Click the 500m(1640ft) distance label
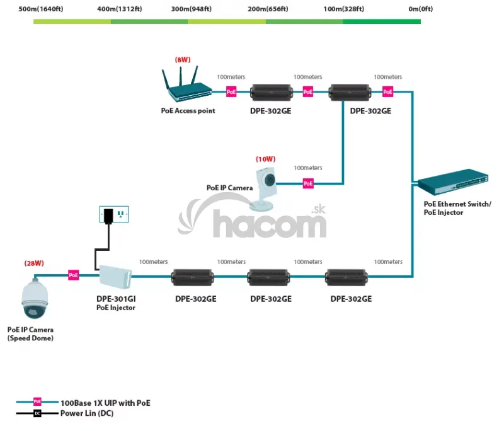(x=40, y=9)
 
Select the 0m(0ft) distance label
(x=421, y=9)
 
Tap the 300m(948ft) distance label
(x=191, y=9)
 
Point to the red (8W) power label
(x=183, y=59)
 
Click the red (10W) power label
(x=266, y=159)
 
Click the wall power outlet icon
(x=114, y=214)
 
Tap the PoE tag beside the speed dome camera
(x=74, y=275)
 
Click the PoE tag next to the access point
(x=231, y=92)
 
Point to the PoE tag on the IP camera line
(x=308, y=183)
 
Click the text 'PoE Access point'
(x=188, y=111)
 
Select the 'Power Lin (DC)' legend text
(x=87, y=414)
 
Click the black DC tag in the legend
(x=37, y=414)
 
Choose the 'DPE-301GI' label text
(x=115, y=299)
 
